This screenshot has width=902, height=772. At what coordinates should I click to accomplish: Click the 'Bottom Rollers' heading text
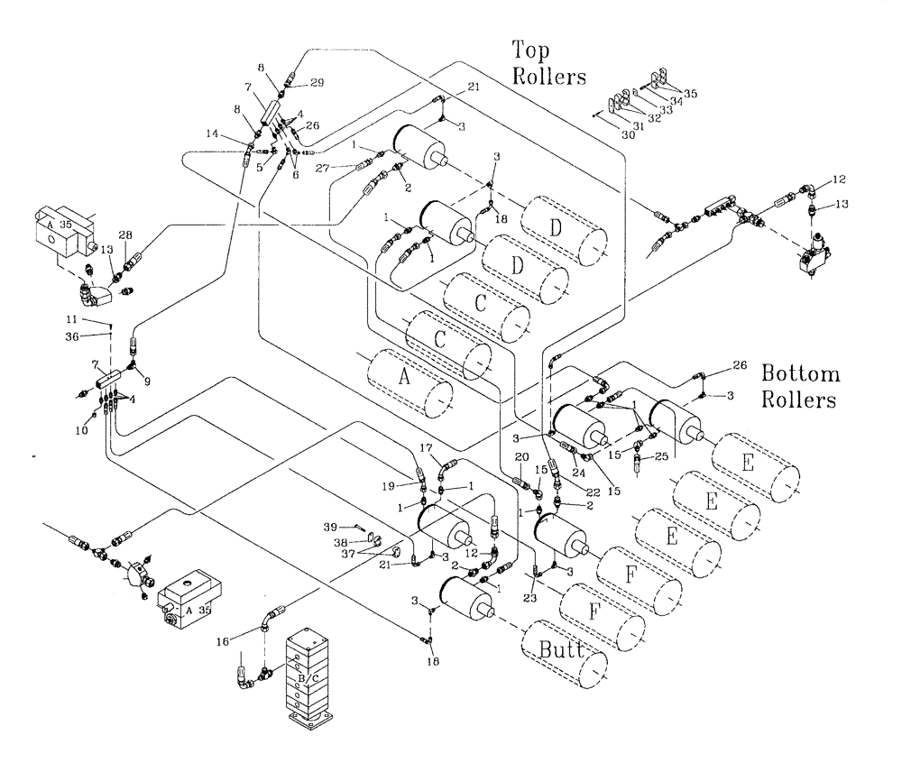point(800,386)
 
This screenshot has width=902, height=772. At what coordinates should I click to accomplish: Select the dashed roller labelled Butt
point(564,654)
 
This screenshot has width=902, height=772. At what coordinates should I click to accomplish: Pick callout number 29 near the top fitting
point(317,82)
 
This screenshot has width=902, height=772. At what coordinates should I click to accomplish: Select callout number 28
point(125,235)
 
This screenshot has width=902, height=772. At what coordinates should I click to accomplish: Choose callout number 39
point(331,527)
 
